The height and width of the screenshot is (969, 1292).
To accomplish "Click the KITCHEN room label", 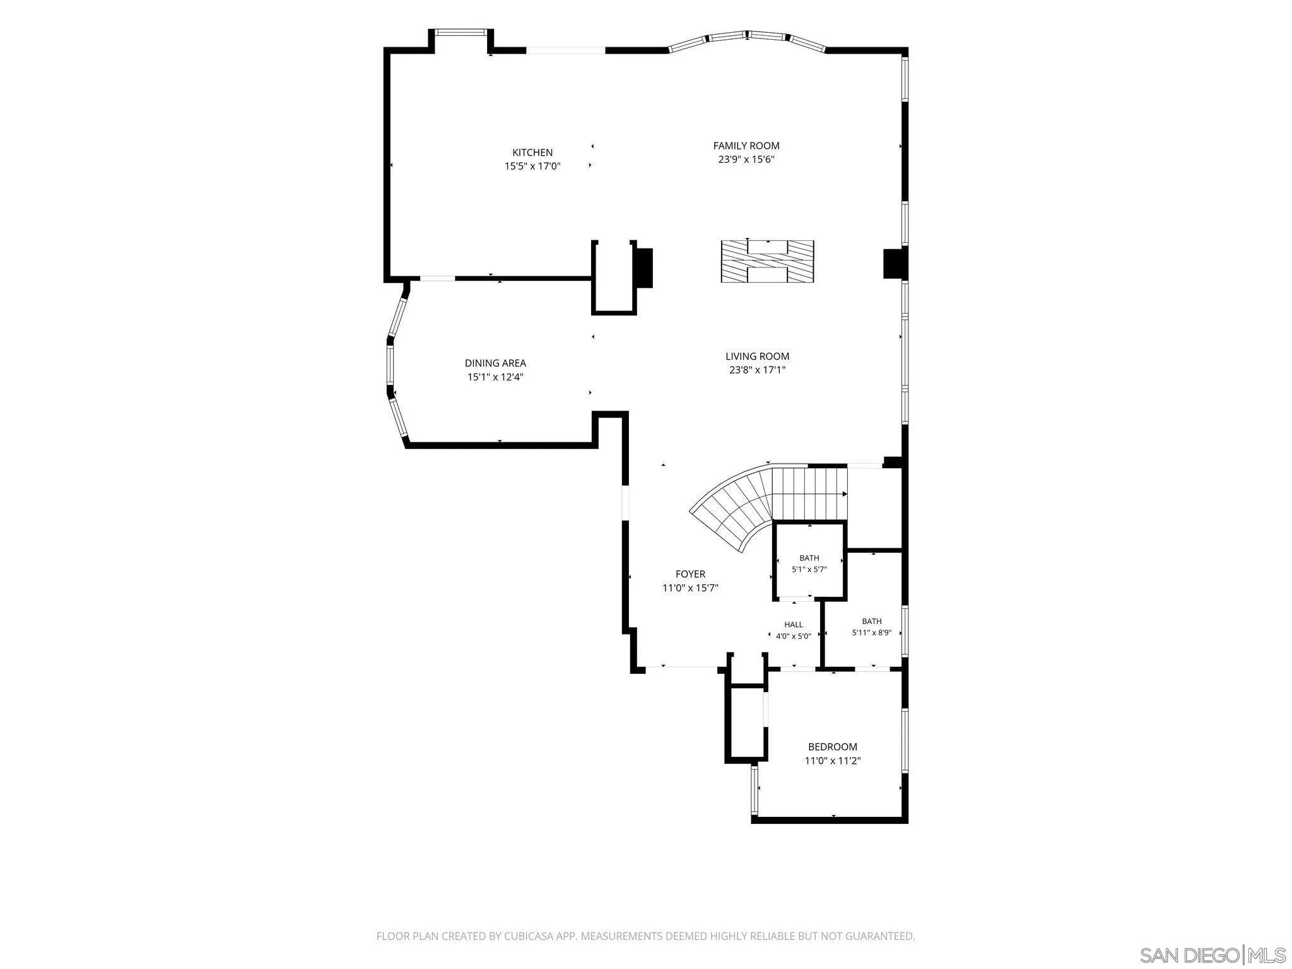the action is tap(532, 153).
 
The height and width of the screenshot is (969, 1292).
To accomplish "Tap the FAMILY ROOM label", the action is tap(746, 146).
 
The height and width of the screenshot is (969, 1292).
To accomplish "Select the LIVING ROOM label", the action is tap(757, 356).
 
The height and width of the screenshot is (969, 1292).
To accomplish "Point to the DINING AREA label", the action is tap(495, 363).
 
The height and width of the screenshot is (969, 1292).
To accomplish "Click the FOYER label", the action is tap(690, 574).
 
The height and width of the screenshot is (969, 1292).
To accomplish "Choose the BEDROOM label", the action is tap(833, 747).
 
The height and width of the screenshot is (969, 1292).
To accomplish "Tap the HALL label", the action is tap(794, 625).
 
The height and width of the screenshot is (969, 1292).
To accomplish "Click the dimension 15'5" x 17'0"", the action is tap(532, 167).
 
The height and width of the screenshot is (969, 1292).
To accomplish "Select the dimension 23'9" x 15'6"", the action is tap(746, 160).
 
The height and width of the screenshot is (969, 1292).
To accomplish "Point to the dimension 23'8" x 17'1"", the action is tap(757, 370).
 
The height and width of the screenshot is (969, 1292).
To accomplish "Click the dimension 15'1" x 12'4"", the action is tap(495, 377).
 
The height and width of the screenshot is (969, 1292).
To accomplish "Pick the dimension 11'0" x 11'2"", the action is tap(833, 761).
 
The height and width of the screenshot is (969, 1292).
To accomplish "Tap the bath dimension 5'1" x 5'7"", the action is tap(809, 569).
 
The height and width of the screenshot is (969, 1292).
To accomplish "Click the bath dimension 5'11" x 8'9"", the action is tap(872, 633).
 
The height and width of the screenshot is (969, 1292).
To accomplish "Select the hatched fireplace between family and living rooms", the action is tap(767, 262).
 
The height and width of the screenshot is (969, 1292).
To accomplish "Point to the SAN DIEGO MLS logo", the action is tap(1213, 954).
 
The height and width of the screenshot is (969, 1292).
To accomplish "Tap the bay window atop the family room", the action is tap(747, 39).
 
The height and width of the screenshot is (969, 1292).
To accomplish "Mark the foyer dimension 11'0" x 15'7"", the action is tap(690, 588).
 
